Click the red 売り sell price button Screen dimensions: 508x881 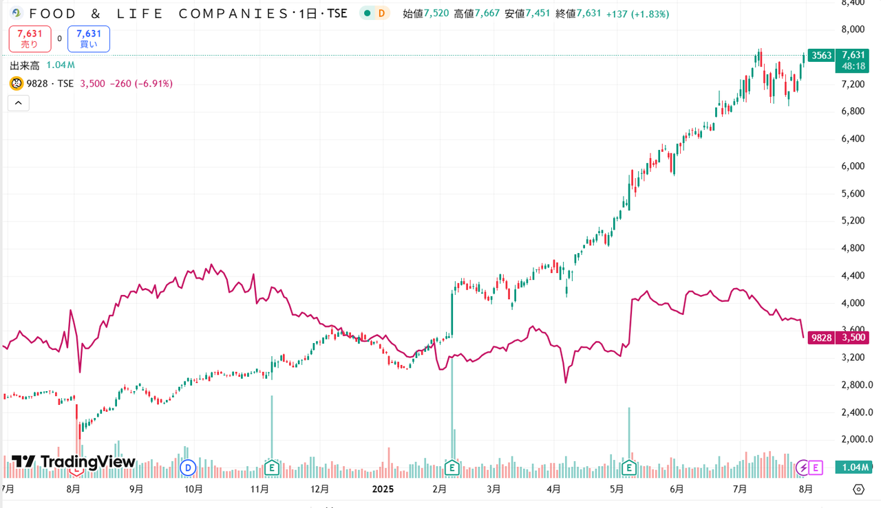click(x=30, y=38)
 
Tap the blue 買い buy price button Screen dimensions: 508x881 click(x=89, y=38)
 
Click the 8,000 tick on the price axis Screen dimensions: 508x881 click(x=853, y=29)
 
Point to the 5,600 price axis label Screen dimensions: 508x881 click(x=853, y=193)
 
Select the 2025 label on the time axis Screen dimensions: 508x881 click(x=383, y=489)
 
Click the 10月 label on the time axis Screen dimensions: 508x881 click(x=194, y=489)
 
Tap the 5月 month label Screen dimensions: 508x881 click(x=616, y=489)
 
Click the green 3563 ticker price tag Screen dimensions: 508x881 click(x=821, y=56)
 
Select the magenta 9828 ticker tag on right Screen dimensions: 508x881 click(x=822, y=338)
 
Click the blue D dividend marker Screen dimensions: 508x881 click(x=187, y=468)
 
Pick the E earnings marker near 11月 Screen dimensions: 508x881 click(x=272, y=468)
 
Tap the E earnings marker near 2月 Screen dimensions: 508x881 click(x=452, y=468)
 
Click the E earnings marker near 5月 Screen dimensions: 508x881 click(x=628, y=468)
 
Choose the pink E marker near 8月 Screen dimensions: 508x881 click(x=816, y=468)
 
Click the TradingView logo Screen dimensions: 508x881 click(x=74, y=462)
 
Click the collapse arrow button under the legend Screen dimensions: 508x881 click(x=18, y=103)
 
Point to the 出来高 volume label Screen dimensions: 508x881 click(x=25, y=65)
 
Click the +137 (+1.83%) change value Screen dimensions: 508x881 click(x=637, y=14)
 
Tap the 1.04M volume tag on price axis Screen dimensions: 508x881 click(x=854, y=467)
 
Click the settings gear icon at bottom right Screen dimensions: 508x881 click(x=858, y=489)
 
